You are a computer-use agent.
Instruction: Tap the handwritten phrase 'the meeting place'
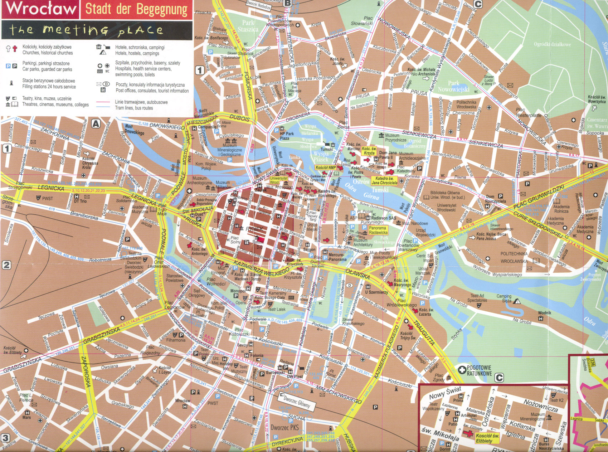86,30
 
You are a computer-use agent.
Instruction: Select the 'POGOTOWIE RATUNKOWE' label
479,370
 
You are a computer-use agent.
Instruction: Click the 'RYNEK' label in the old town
254,229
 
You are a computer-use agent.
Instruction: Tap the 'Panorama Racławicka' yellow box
378,230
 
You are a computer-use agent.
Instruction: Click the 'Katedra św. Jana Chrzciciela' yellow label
384,180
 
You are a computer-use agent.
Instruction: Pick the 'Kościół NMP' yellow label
325,167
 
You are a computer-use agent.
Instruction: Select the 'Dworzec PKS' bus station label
284,427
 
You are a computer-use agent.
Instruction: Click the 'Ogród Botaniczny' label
414,144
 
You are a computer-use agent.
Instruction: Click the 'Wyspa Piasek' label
321,156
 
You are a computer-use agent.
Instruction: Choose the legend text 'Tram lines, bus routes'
134,108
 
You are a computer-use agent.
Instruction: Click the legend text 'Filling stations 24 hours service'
49,87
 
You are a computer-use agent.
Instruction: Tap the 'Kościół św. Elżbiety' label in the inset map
487,438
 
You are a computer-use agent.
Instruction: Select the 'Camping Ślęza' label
504,298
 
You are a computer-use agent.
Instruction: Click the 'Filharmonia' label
176,340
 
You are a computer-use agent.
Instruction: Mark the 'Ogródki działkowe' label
552,44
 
